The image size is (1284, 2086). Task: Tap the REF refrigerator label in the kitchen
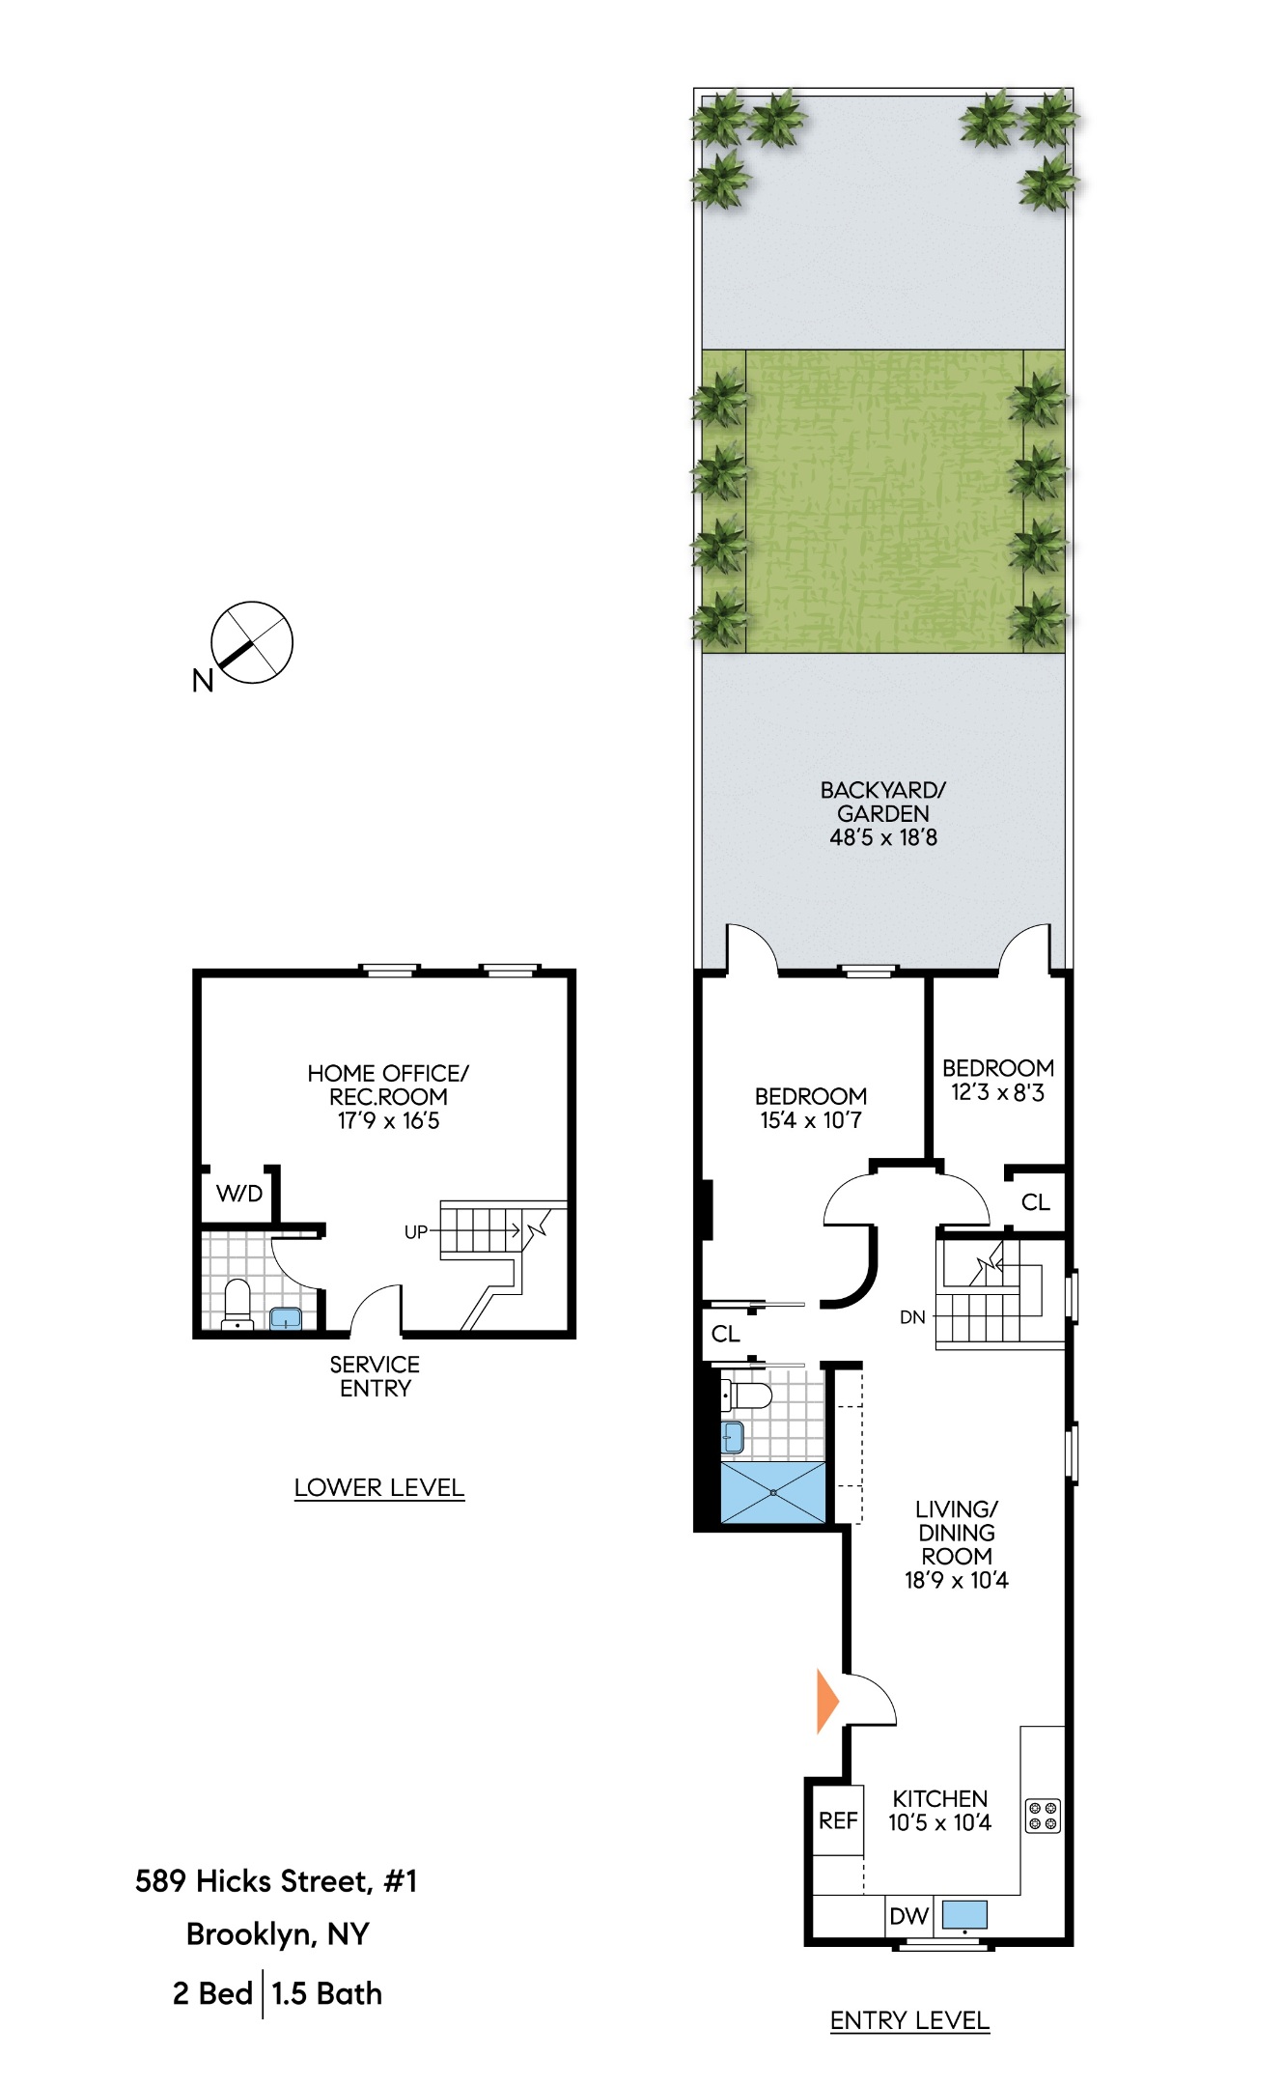point(837,1820)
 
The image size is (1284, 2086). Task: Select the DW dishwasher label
point(908,1916)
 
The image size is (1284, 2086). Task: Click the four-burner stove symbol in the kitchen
point(1043,1816)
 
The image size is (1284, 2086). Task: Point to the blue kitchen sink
point(964,1914)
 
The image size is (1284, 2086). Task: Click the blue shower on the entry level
point(773,1492)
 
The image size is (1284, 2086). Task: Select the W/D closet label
point(239,1194)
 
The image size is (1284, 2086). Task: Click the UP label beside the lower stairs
point(415,1232)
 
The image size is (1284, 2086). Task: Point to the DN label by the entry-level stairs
point(912,1316)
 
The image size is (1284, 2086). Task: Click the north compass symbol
point(251,643)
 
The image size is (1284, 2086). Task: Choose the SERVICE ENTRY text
point(375,1376)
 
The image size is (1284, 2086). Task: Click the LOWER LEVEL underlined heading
point(378,1487)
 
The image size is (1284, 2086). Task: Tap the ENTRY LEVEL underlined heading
point(909,2020)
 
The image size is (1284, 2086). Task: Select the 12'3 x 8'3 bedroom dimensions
point(997,1092)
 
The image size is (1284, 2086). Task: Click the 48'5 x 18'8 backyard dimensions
point(882,837)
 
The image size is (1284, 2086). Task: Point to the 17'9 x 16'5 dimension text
point(388,1120)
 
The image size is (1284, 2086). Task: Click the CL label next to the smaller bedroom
point(1035,1202)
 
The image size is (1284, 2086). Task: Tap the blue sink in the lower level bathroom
point(285,1317)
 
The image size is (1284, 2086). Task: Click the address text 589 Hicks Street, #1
point(276,1880)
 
